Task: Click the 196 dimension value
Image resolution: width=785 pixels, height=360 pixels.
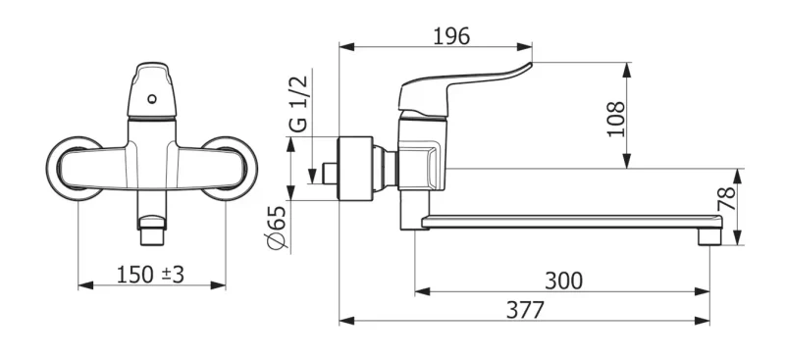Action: coord(451,36)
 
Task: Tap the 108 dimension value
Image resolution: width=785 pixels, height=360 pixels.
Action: coord(616,119)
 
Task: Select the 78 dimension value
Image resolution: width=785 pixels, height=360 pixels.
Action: coord(726,199)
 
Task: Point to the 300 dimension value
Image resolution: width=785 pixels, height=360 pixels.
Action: coord(563,281)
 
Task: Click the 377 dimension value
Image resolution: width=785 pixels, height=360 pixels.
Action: coord(525,310)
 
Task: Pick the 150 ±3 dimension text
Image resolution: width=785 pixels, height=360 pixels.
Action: coord(151,275)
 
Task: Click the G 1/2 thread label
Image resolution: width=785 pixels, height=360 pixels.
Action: coord(300,104)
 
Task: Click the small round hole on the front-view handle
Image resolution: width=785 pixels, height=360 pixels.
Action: coord(152,99)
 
